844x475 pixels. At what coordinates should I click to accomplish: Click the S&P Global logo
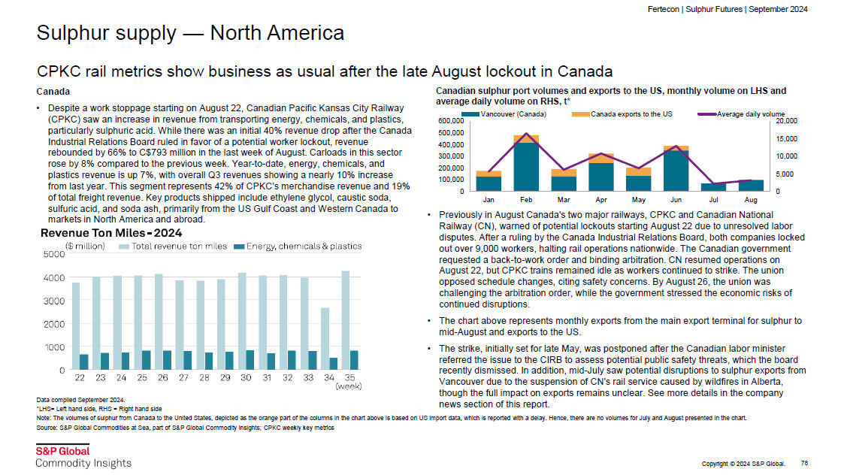click(x=83, y=457)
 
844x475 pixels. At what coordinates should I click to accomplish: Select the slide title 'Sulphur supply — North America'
click(x=190, y=33)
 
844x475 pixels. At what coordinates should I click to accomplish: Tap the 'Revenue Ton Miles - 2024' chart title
click(x=111, y=233)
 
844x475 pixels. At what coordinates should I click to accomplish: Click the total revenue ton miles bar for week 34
click(x=325, y=339)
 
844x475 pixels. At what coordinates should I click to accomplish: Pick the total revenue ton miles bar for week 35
click(x=346, y=320)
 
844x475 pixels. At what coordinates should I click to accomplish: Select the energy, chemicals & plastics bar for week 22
click(x=84, y=362)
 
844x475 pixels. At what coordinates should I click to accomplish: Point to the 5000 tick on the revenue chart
click(x=54, y=254)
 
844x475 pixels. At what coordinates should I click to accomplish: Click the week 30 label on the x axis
click(x=246, y=378)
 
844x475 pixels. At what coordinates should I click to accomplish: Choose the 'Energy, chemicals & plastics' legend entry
click(x=298, y=247)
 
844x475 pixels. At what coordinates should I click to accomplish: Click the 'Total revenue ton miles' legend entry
click(x=173, y=247)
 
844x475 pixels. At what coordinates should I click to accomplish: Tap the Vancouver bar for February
click(x=526, y=167)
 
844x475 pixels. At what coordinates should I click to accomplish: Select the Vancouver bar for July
click(x=713, y=187)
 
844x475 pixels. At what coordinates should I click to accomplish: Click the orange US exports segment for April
click(x=601, y=159)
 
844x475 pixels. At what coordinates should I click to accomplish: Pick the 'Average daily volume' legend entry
click(x=741, y=114)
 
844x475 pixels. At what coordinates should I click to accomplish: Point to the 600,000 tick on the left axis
click(x=451, y=121)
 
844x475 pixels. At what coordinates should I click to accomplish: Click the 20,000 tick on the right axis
click(x=786, y=121)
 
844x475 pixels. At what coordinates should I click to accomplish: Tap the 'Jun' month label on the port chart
click(x=676, y=200)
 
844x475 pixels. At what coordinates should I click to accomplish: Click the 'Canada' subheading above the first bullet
click(x=53, y=92)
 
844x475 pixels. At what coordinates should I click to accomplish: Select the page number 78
click(x=804, y=463)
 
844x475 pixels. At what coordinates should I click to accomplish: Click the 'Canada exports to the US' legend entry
click(x=622, y=114)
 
